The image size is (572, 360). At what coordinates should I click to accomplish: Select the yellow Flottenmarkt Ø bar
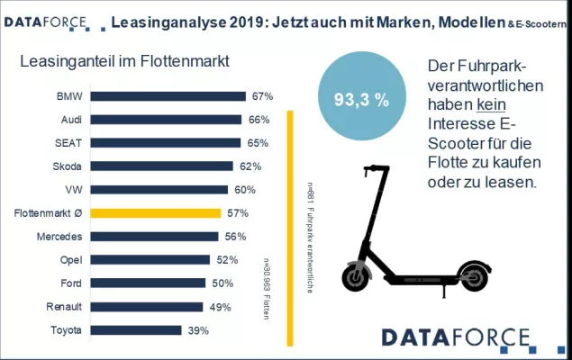click(x=155, y=213)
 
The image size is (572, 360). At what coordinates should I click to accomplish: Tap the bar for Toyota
click(x=135, y=330)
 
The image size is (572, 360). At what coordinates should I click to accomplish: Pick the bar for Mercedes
click(x=154, y=237)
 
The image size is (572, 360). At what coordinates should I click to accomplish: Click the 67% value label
click(x=262, y=96)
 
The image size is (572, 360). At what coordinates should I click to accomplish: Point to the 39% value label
click(x=198, y=330)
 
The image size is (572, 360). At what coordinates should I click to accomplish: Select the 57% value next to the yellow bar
click(x=237, y=213)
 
